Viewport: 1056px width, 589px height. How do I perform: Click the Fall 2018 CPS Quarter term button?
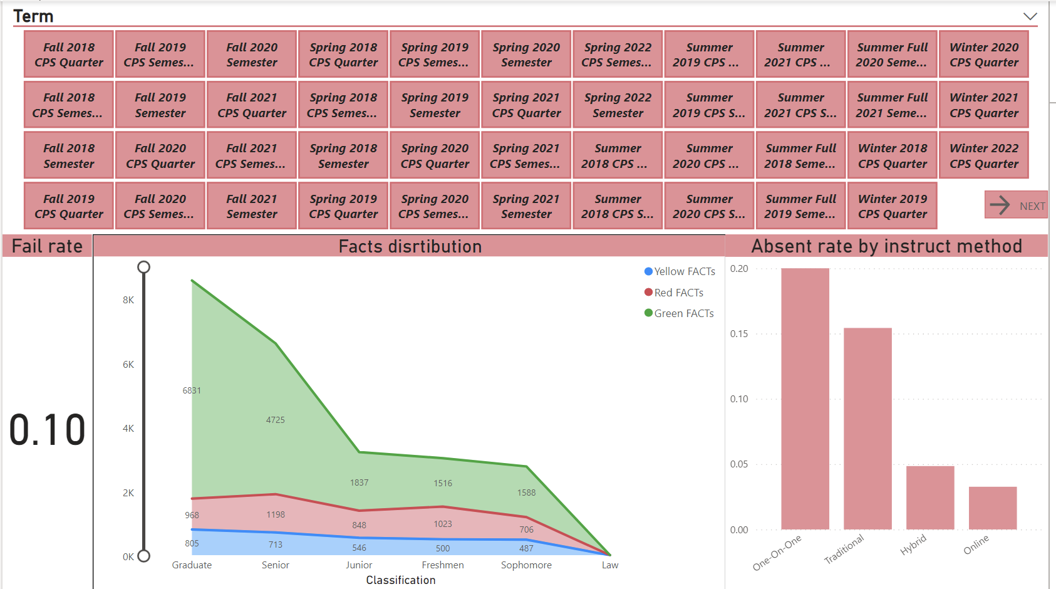(x=69, y=55)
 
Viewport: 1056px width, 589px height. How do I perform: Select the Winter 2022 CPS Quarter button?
(x=983, y=155)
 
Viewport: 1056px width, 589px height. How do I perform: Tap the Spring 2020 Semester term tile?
(x=526, y=55)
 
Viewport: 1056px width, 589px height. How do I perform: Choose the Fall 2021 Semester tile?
(x=252, y=206)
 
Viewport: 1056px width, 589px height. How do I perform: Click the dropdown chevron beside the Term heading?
(x=1030, y=16)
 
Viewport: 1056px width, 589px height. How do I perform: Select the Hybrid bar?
(x=929, y=498)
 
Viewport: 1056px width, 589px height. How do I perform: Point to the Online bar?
(x=992, y=508)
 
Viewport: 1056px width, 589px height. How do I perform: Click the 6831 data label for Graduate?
(x=192, y=390)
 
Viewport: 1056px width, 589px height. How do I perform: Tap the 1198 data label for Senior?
(x=276, y=514)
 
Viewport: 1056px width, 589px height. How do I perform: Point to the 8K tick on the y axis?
(x=128, y=300)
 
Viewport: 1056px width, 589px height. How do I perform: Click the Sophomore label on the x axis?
(x=526, y=565)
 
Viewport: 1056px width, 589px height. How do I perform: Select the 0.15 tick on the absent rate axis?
(x=739, y=334)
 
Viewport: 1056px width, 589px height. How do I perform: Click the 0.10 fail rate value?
(x=48, y=430)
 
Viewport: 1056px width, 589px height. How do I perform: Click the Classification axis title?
(x=401, y=580)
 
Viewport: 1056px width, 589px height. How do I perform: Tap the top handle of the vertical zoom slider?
(x=144, y=268)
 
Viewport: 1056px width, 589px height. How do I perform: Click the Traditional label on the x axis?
(x=844, y=549)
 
